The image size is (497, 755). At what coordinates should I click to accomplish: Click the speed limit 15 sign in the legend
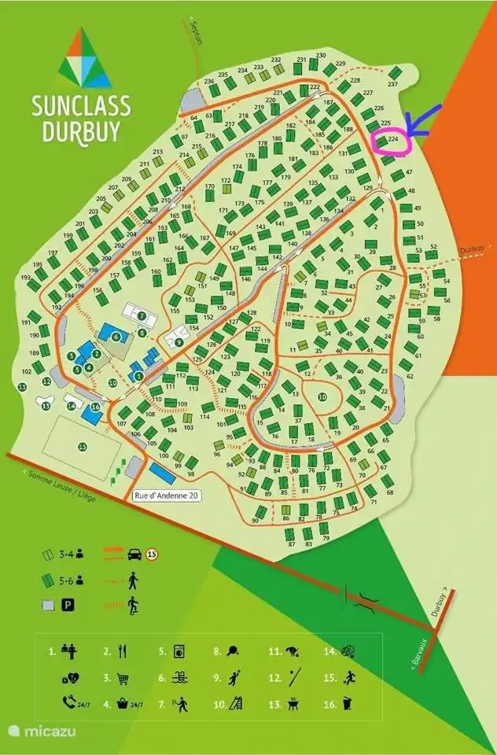(152, 554)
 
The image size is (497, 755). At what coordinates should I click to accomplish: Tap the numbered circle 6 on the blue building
(116, 337)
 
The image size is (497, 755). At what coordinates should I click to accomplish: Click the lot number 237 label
(393, 84)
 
